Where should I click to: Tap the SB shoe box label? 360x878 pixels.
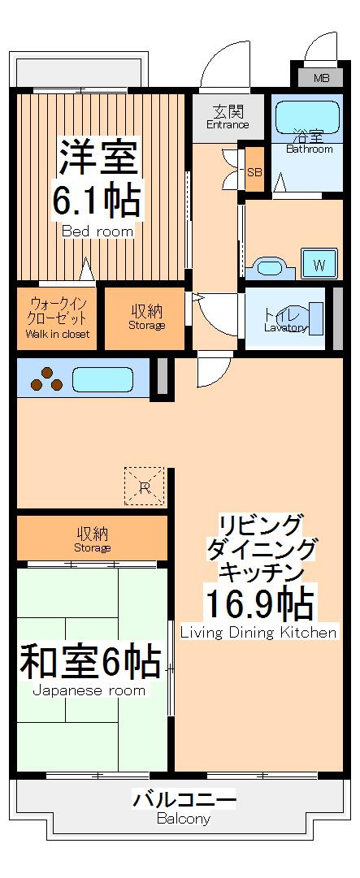click(x=254, y=172)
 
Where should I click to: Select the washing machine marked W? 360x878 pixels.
click(x=319, y=264)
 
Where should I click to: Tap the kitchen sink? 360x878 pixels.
click(x=103, y=378)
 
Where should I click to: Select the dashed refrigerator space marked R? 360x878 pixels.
click(x=144, y=487)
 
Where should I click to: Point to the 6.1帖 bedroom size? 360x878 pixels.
click(x=97, y=198)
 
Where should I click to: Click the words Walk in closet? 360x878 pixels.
click(x=58, y=334)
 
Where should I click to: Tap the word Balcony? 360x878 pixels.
click(x=184, y=820)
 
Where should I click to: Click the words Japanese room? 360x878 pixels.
click(x=89, y=691)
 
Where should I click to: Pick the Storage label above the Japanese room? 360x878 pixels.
click(x=93, y=547)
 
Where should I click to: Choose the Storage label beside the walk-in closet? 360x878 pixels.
click(x=146, y=326)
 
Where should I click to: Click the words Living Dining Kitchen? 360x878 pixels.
click(x=258, y=633)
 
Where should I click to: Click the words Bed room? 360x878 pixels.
click(x=98, y=231)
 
